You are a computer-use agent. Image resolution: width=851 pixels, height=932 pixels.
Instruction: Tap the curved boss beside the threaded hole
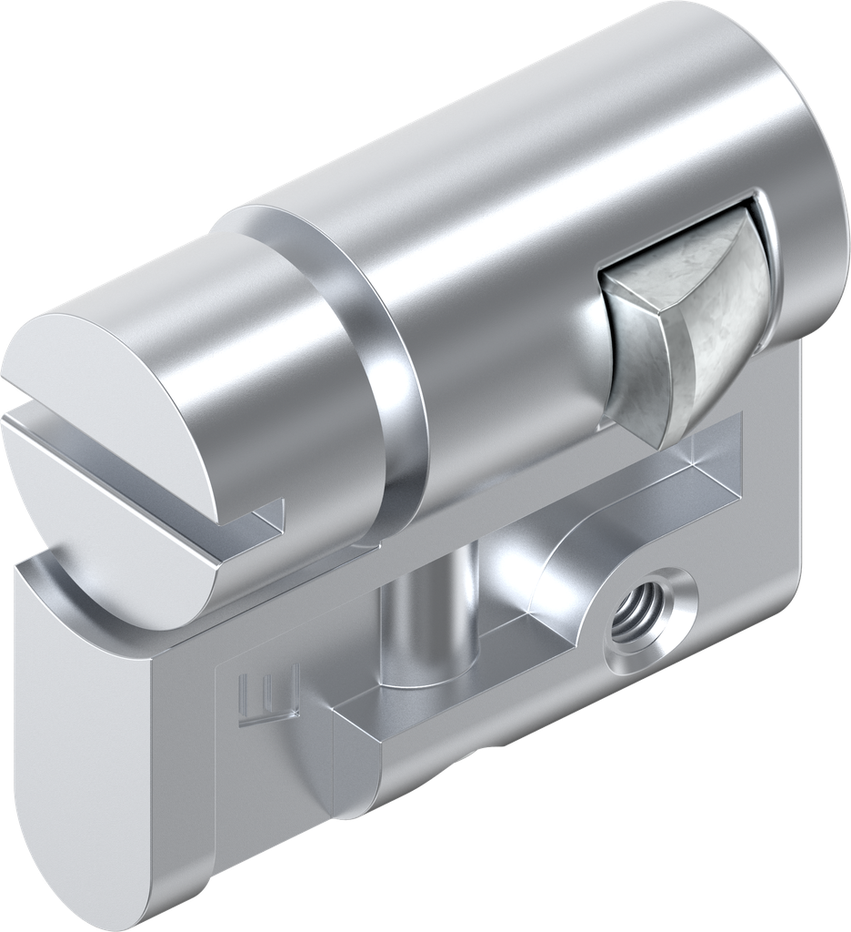[564, 582]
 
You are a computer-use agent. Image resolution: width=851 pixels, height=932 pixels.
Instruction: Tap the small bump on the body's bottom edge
[496, 748]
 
